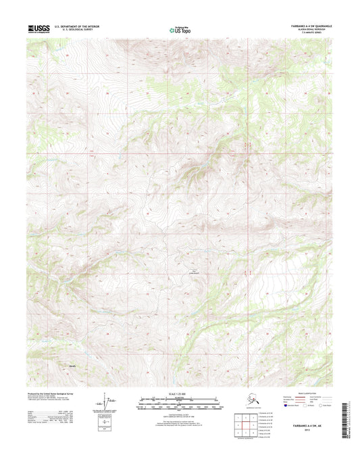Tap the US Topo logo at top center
180,29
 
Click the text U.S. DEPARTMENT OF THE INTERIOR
80,26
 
